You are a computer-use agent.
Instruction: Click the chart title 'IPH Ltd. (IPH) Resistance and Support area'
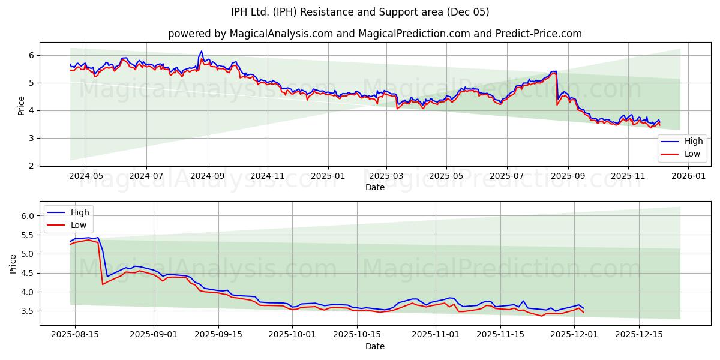click(360, 12)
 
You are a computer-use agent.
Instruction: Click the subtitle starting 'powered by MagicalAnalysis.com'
click(374, 34)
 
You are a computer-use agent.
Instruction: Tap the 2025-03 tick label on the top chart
click(386, 176)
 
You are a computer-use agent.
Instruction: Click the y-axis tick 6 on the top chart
click(32, 55)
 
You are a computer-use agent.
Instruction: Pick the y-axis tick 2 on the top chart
click(32, 166)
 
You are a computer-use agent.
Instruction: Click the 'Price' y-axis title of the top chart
click(22, 106)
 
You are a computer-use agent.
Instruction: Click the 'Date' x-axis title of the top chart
click(374, 187)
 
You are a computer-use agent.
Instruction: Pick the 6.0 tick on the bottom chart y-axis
click(28, 216)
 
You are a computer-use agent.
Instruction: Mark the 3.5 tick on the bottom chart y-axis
click(28, 311)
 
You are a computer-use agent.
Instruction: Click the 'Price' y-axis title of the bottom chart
click(13, 263)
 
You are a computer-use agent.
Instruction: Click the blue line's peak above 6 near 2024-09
click(202, 51)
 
